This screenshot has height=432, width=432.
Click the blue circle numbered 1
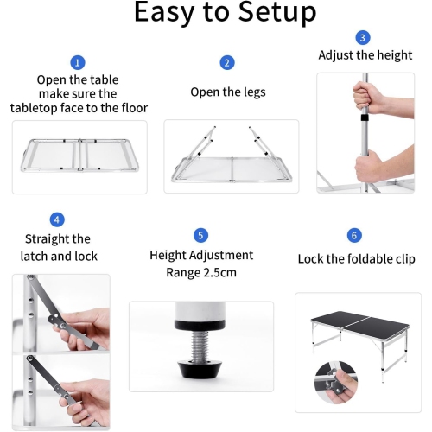[78, 62]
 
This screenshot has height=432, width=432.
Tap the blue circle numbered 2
[227, 63]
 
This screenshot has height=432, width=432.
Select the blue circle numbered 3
[363, 38]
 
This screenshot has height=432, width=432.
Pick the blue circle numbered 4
[57, 219]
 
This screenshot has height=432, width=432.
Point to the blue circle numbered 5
[200, 235]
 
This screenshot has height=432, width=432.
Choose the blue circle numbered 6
[354, 235]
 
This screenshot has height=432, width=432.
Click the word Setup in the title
[277, 12]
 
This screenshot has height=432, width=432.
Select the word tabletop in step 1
[34, 108]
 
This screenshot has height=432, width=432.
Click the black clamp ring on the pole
[365, 118]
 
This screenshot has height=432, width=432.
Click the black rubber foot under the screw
[200, 371]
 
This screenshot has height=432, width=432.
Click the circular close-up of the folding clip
[336, 383]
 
